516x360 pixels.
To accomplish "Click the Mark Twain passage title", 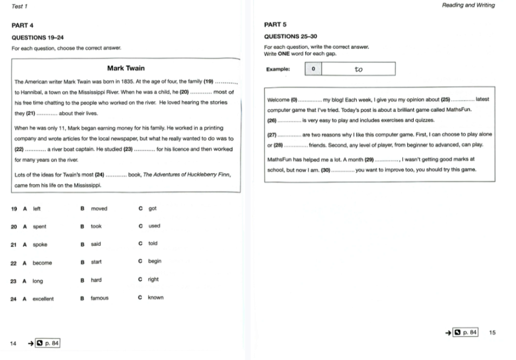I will click(126, 68).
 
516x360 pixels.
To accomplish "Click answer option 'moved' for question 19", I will click(99, 208).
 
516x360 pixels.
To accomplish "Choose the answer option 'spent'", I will click(40, 227).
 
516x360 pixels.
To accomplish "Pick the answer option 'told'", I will click(153, 244).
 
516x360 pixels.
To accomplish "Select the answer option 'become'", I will click(42, 263).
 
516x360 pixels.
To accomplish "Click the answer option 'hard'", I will click(96, 280).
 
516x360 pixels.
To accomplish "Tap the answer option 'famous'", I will click(100, 298).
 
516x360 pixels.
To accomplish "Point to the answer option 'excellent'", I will click(43, 299).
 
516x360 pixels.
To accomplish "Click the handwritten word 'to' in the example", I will click(359, 69).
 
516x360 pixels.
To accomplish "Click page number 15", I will click(492, 332).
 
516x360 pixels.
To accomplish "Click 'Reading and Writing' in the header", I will click(468, 5).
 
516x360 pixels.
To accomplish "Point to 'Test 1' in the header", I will click(19, 5).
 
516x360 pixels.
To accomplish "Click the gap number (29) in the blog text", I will click(370, 159).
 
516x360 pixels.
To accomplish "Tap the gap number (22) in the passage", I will click(19, 149).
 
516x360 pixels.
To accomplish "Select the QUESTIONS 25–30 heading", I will click(290, 36).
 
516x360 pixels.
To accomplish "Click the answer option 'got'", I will click(153, 208).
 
